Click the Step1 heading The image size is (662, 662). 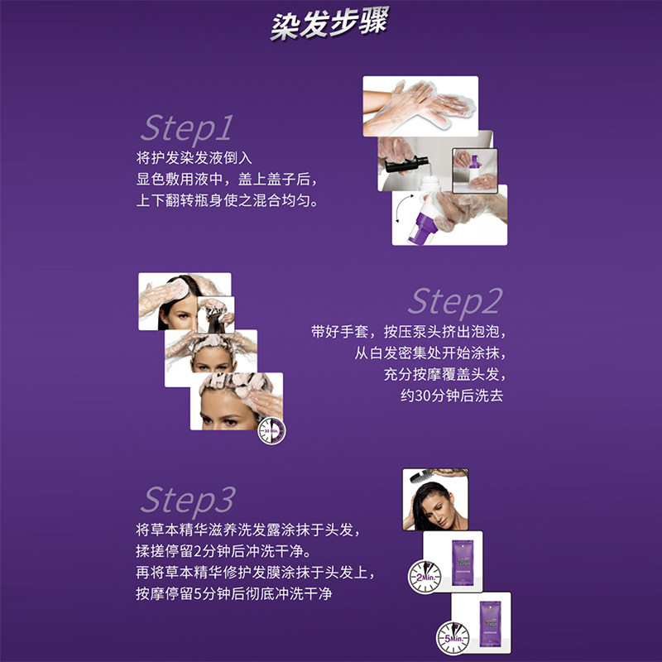(186, 128)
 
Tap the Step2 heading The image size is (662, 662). (454, 302)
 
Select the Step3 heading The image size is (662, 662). (188, 500)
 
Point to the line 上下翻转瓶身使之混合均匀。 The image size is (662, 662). (226, 201)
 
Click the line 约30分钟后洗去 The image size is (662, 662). (451, 396)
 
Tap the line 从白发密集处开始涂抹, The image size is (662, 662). (428, 353)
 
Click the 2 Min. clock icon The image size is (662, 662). (421, 573)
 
